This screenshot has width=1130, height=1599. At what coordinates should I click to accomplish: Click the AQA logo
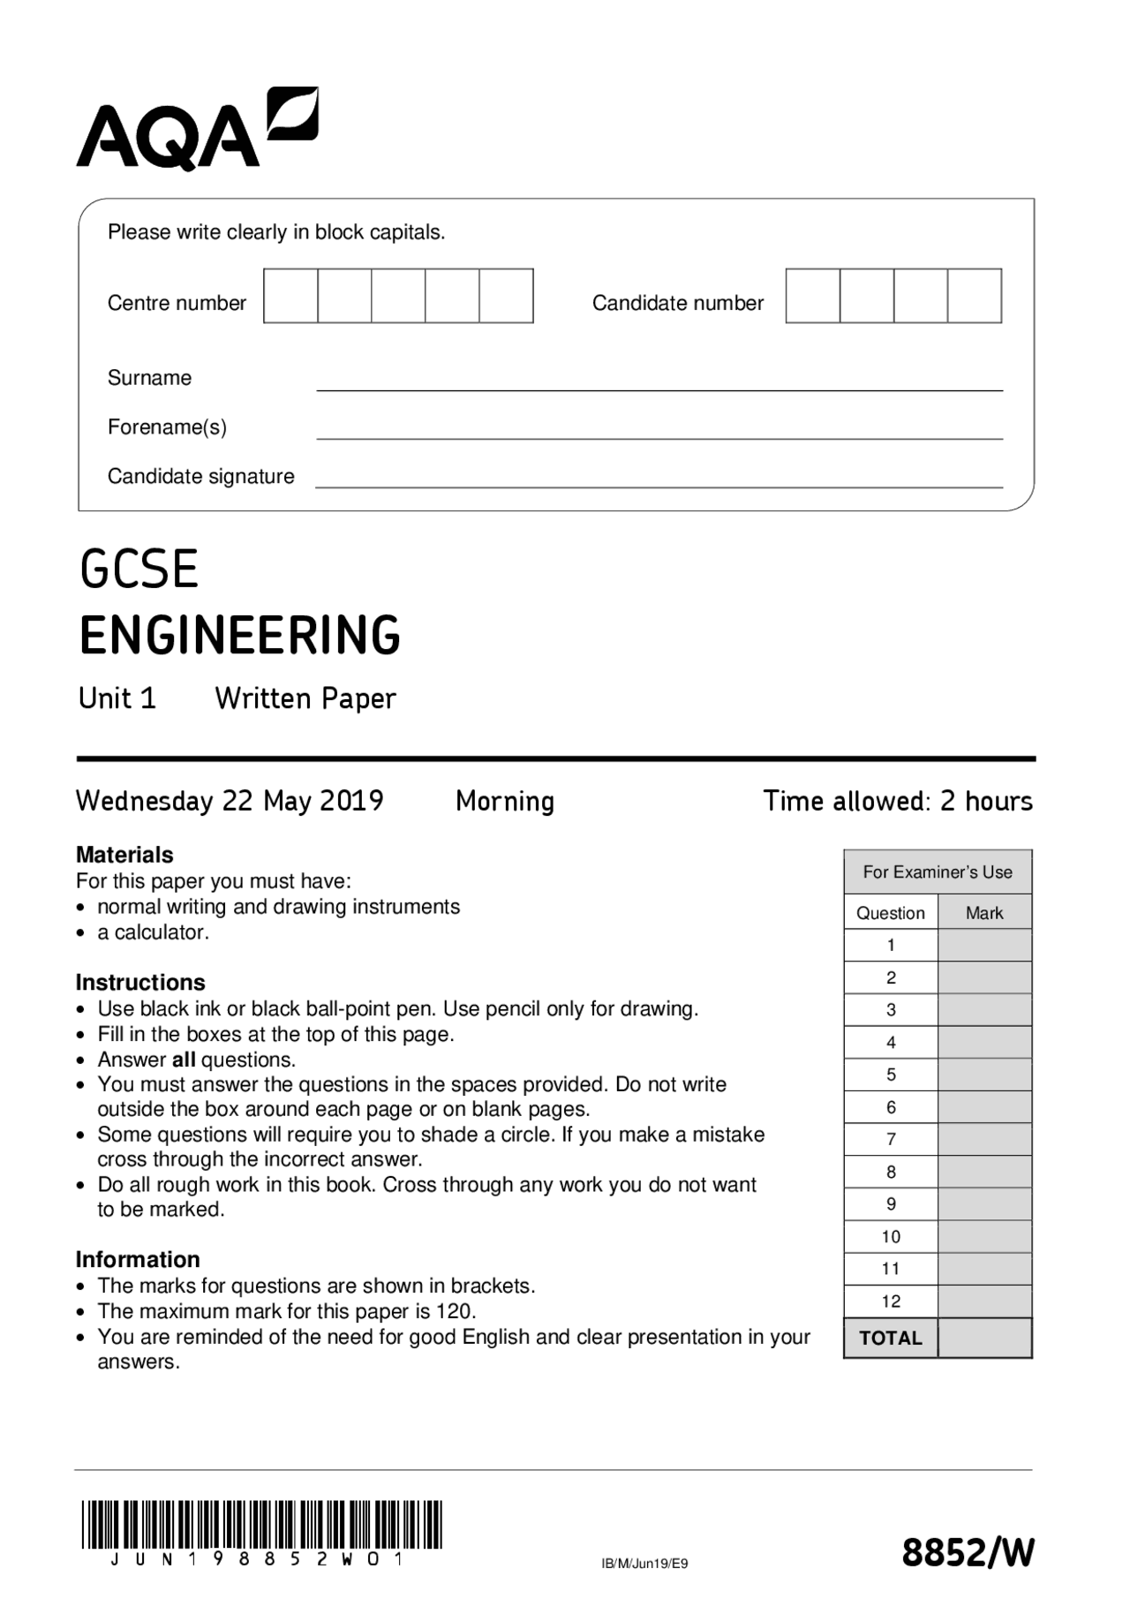coord(196,130)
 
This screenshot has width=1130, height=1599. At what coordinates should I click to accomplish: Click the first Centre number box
coord(290,296)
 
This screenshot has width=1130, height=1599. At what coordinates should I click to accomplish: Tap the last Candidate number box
coord(975,296)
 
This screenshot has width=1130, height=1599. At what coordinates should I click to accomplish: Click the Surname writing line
coord(659,381)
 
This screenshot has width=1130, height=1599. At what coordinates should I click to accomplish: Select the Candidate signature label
coord(200,477)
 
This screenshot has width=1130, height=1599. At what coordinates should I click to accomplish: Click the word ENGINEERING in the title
coord(239,635)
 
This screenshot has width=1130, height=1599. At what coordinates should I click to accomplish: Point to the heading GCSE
coord(139,569)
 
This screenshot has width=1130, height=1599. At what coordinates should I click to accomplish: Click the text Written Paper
coord(305,698)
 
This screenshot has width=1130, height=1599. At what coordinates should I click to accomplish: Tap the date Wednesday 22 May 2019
coord(230,801)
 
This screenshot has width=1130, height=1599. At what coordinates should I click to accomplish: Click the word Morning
coord(505,801)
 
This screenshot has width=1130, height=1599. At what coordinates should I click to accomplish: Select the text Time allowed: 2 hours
coord(898,801)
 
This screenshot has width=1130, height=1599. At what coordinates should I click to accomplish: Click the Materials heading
coord(124,855)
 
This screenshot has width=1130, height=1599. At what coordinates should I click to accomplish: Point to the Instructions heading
coord(140,982)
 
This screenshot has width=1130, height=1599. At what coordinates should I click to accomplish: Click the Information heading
coord(138,1259)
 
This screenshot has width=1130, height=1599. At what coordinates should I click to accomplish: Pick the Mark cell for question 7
coord(984,1139)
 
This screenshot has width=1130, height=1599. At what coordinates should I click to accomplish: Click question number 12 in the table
coord(891,1301)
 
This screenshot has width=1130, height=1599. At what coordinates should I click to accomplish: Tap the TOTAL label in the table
coord(891,1338)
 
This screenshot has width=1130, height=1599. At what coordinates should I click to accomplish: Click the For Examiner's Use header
coord(938,872)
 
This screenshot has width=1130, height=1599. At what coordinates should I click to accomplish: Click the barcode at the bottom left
coord(261,1525)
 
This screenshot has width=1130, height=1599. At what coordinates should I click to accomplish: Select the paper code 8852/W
coord(967,1552)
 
